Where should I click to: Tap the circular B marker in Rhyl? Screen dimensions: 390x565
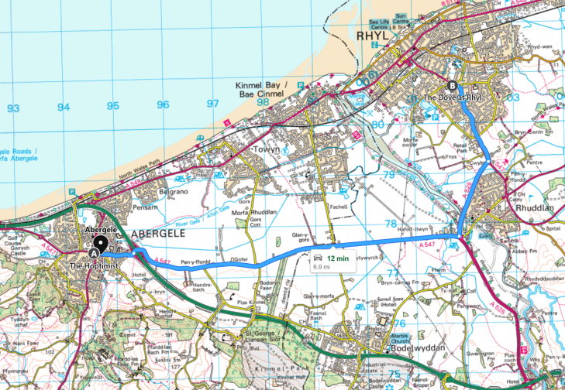[x=453, y=86]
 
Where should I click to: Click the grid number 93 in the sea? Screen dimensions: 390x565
[x=12, y=108]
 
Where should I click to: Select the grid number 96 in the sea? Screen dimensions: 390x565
[x=162, y=104]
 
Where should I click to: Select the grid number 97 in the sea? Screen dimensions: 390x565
[x=212, y=103]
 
